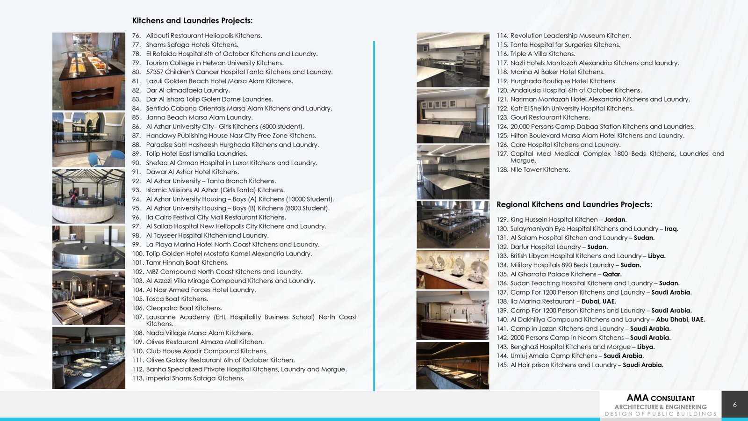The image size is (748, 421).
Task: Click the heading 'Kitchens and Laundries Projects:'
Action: (192, 21)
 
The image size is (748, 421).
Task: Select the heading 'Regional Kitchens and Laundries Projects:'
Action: (574, 204)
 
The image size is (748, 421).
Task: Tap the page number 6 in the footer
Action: (734, 405)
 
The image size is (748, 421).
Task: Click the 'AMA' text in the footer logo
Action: (637, 398)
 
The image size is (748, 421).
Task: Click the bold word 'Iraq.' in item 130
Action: (671, 229)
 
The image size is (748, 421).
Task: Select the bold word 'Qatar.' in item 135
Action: (612, 274)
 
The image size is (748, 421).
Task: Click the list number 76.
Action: (136, 36)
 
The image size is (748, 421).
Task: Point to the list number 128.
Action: (502, 170)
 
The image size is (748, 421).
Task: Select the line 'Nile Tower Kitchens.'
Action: (540, 170)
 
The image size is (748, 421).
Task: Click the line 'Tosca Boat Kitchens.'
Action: (177, 299)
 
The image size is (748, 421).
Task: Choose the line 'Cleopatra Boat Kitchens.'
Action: (184, 308)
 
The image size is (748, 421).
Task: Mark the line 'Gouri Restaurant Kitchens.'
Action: (550, 117)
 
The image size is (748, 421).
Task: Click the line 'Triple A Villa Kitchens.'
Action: (542, 54)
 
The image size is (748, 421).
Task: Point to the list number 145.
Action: (502, 365)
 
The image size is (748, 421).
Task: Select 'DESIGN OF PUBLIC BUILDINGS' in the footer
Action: (660, 414)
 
